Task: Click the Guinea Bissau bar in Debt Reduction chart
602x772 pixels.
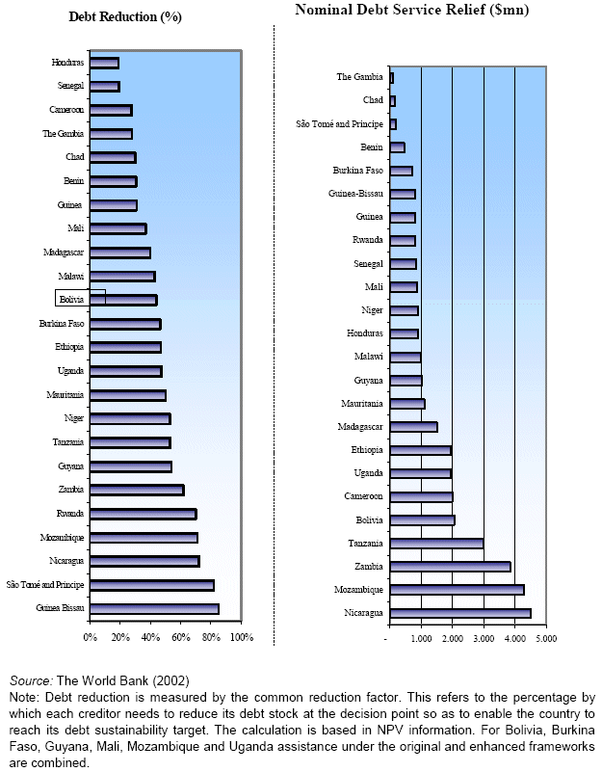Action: point(154,609)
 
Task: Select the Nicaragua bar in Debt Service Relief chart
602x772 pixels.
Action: point(459,613)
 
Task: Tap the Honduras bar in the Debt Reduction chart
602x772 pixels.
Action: point(104,64)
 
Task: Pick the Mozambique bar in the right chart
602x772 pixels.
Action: point(457,590)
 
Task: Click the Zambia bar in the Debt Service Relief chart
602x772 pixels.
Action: point(450,567)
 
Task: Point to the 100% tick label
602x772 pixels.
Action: point(241,637)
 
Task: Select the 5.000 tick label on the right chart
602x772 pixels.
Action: point(545,637)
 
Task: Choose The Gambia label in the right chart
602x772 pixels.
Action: point(360,77)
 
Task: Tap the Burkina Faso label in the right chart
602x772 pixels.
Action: point(358,171)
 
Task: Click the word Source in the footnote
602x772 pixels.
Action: point(27,681)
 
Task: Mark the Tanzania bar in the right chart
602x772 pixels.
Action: point(436,544)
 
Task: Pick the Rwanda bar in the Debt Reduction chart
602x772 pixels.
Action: point(143,514)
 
